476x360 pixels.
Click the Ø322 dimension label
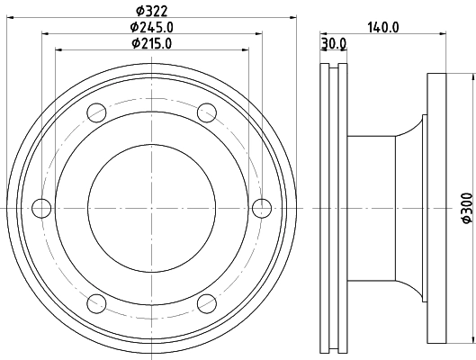tap(151, 11)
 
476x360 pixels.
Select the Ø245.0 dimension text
tap(151, 27)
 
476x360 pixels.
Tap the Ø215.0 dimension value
tap(151, 43)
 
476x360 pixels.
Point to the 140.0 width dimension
tap(383, 28)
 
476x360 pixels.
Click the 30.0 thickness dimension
tap(334, 44)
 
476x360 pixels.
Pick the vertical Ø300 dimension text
tap(468, 208)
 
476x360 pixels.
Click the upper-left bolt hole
tap(96, 112)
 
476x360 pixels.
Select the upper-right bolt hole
tap(207, 112)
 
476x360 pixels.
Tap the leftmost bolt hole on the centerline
tap(41, 208)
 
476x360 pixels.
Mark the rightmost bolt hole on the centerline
tap(262, 208)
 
